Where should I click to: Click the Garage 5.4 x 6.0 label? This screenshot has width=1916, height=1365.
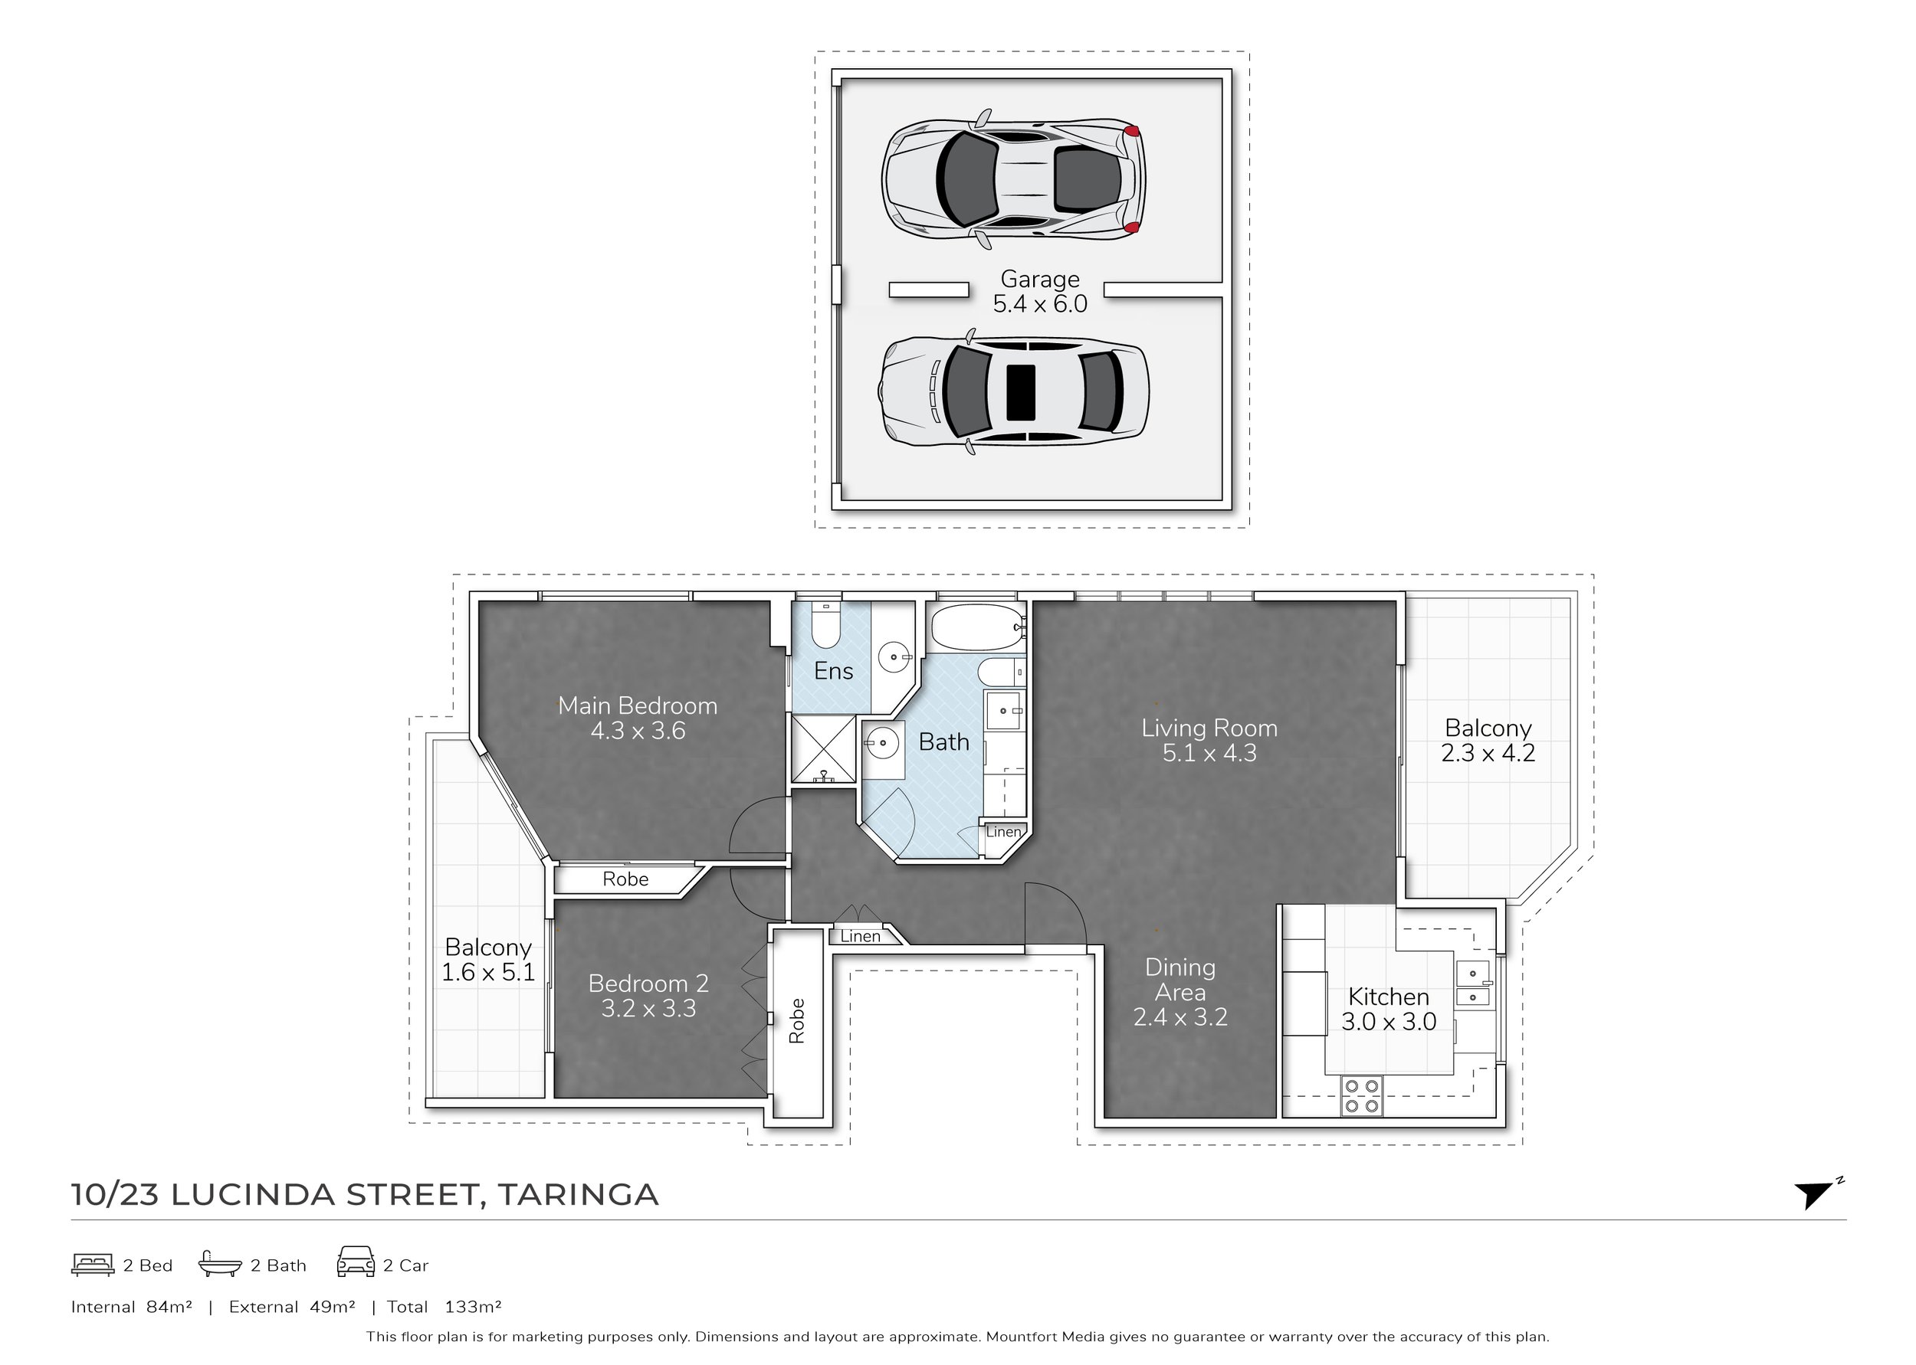1039,292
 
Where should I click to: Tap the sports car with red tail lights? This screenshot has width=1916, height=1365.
1013,178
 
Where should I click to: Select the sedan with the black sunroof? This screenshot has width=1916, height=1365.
1013,392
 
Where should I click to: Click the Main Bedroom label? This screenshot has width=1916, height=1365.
638,718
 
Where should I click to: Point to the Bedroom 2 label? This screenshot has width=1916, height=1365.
648,995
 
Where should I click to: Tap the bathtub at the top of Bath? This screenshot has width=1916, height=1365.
976,627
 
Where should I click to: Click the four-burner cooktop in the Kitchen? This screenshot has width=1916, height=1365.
1361,1096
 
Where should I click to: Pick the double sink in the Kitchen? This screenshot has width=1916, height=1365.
1472,984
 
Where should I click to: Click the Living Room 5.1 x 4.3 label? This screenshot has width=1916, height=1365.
1209,740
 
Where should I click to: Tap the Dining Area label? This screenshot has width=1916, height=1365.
1179,992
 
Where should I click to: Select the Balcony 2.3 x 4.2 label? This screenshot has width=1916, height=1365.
1488,740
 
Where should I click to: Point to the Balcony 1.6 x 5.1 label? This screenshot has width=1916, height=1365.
488,959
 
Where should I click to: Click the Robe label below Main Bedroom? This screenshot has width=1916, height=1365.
625,879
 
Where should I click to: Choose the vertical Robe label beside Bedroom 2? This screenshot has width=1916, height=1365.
797,1020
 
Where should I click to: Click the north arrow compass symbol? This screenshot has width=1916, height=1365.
1816,1193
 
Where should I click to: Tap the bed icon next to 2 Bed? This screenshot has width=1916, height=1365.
93,1264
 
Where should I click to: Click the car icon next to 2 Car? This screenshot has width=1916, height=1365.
356,1262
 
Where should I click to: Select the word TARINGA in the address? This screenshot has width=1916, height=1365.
579,1194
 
